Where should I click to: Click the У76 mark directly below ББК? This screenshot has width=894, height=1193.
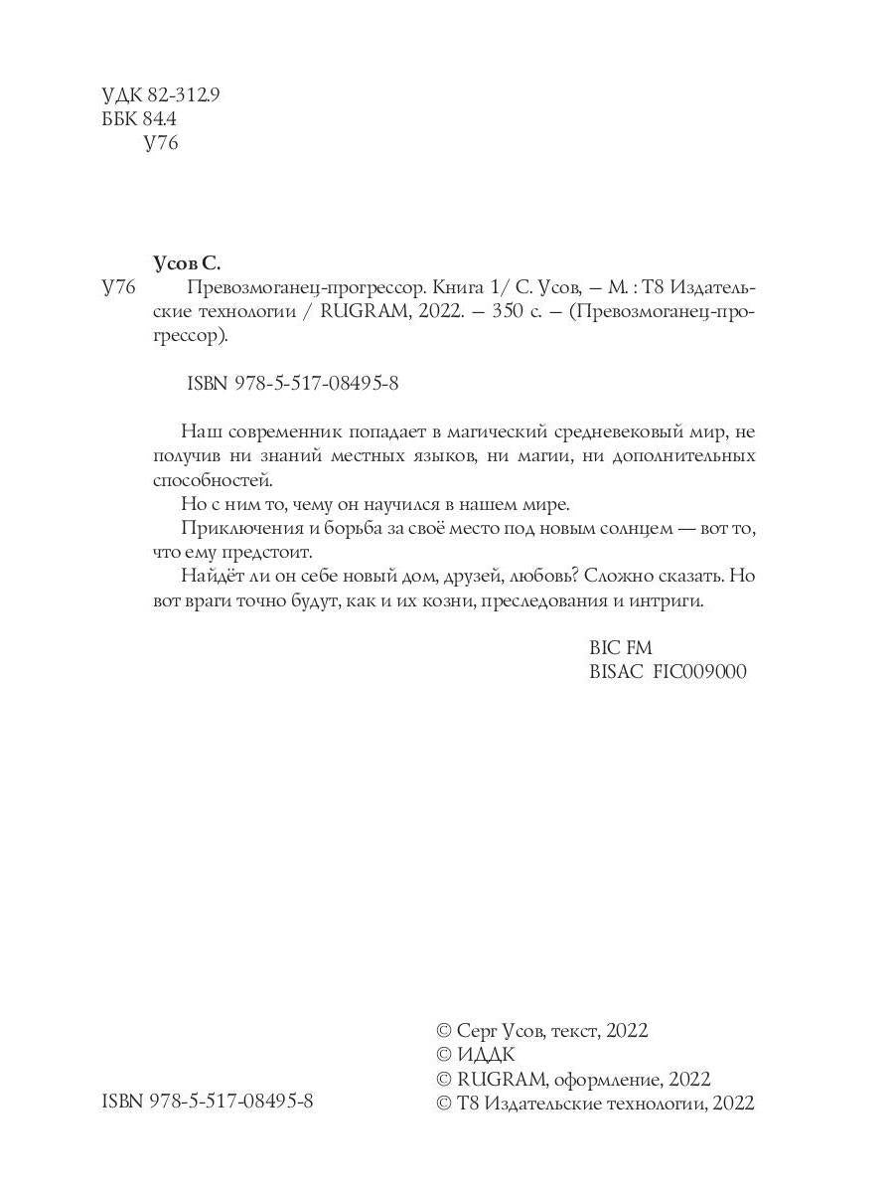(160, 143)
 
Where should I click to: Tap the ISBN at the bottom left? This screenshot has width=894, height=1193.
(208, 1102)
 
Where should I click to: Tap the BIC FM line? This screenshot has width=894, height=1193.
(621, 647)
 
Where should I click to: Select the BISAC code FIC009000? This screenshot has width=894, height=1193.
(699, 671)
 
